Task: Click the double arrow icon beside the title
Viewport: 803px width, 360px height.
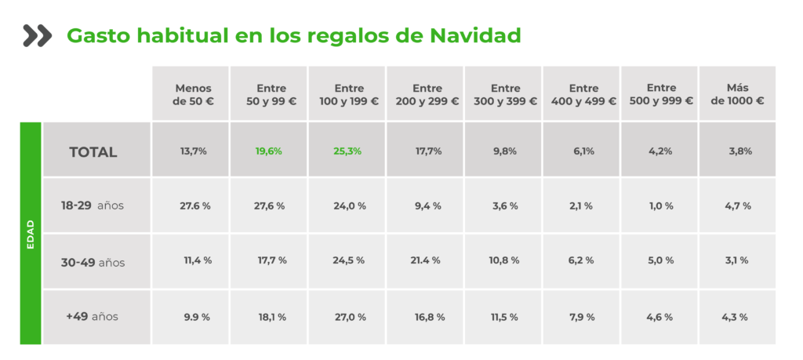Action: (x=37, y=35)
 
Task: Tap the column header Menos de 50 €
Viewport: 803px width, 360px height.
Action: (x=193, y=94)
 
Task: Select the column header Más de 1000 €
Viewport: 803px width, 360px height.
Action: (x=737, y=94)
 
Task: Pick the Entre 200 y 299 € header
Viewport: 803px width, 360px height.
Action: (x=427, y=94)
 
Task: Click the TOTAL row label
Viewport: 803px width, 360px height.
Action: (x=93, y=152)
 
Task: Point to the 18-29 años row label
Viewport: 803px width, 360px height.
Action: (x=93, y=205)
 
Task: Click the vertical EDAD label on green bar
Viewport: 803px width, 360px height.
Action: (x=30, y=233)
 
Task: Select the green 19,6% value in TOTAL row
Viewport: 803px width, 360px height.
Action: (x=270, y=151)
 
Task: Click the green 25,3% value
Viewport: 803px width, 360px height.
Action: (x=347, y=151)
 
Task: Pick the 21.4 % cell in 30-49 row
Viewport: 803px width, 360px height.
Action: (x=429, y=260)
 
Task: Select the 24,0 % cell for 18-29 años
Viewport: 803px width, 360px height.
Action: (x=349, y=205)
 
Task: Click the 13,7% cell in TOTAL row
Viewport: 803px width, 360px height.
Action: (x=193, y=151)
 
